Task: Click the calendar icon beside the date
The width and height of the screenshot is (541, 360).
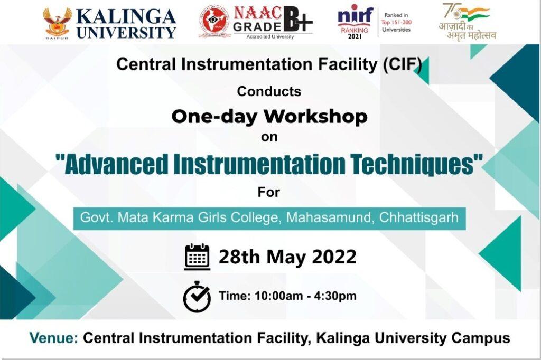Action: (x=197, y=257)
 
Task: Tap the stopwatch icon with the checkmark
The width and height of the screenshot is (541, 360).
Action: (x=197, y=297)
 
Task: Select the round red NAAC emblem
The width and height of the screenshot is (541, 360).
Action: (x=214, y=23)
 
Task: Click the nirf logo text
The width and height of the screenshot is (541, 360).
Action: (x=355, y=15)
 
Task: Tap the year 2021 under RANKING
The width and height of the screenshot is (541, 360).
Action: (x=355, y=36)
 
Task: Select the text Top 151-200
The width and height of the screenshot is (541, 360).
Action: (x=396, y=22)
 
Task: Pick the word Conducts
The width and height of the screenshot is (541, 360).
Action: (x=269, y=91)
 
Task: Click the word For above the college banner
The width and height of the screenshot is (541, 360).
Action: (x=269, y=192)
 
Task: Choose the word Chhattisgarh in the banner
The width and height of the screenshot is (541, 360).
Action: (x=419, y=217)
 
